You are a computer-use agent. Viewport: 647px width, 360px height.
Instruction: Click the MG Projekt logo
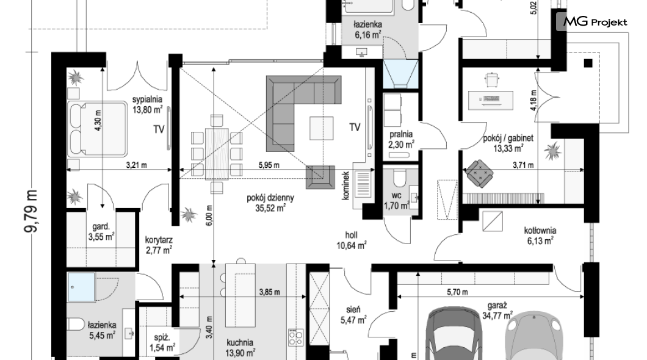pyautogui.click(x=592, y=21)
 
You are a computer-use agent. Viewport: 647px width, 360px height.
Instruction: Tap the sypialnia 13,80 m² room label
pyautogui.click(x=147, y=105)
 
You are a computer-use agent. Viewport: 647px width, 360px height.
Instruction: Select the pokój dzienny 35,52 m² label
pyautogui.click(x=270, y=203)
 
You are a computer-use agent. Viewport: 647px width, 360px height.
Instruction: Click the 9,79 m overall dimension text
pyautogui.click(x=32, y=211)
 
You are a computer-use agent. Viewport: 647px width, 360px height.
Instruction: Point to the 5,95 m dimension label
pyautogui.click(x=269, y=165)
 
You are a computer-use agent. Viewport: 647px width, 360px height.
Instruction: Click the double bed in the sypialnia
pyautogui.click(x=98, y=129)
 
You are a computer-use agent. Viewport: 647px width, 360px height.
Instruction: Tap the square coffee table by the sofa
pyautogui.click(x=322, y=128)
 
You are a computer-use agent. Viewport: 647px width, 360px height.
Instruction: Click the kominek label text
pyautogui.click(x=346, y=186)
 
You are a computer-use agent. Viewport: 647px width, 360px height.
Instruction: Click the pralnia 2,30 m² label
pyautogui.click(x=401, y=139)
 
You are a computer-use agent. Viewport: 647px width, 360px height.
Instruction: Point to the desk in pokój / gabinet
pyautogui.click(x=491, y=99)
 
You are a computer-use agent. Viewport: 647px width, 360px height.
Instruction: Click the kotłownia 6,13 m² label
pyautogui.click(x=540, y=236)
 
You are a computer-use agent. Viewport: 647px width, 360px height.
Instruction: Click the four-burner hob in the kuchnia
pyautogui.click(x=296, y=337)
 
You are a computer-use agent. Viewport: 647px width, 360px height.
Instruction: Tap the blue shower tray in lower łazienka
pyautogui.click(x=81, y=287)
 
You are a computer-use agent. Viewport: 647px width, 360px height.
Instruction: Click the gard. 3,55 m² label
pyautogui.click(x=101, y=232)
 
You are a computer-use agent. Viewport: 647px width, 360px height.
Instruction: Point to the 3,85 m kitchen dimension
pyautogui.click(x=269, y=292)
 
